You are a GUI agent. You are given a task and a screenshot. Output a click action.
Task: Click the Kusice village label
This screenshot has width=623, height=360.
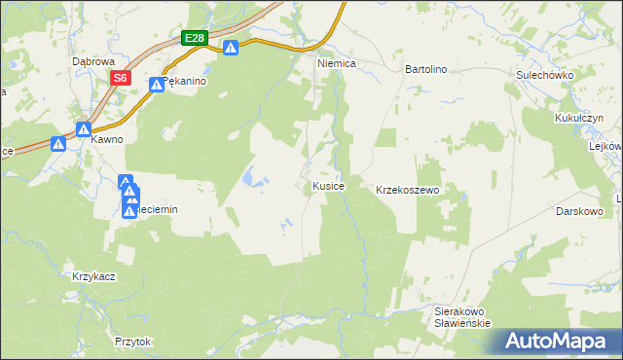coord(328,186)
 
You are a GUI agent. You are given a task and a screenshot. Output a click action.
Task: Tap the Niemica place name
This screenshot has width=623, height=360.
coord(338,62)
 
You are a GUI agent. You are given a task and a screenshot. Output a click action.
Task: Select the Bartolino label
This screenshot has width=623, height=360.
coord(424,70)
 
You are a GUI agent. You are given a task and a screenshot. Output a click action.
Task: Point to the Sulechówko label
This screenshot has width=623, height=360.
coord(544,75)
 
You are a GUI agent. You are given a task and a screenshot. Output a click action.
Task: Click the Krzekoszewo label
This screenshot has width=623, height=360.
coord(409,190)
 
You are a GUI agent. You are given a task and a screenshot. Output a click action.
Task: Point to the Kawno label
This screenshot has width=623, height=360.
coord(107,139)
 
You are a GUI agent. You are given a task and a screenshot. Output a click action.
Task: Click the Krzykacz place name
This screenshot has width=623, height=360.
coord(94,276)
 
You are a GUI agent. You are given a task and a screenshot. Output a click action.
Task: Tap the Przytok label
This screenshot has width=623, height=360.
coord(133,342)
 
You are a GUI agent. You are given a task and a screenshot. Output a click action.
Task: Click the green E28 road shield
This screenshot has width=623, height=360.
coord(195,38)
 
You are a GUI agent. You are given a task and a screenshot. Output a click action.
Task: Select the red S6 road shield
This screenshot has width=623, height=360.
coord(120,78)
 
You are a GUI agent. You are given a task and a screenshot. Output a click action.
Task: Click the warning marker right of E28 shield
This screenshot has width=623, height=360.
coord(231,48)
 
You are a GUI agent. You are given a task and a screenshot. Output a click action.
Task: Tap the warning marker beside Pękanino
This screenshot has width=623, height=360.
coord(156,86)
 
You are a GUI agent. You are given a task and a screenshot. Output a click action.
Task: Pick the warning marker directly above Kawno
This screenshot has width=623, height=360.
coord(84,128)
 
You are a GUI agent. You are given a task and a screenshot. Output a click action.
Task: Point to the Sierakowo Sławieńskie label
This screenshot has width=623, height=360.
coord(461,317)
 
